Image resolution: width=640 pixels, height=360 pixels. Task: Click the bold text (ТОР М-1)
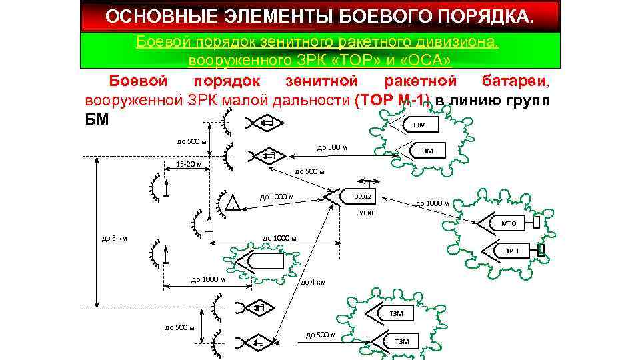click(x=393, y=102)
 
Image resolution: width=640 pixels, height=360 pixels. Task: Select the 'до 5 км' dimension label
click(x=115, y=238)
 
